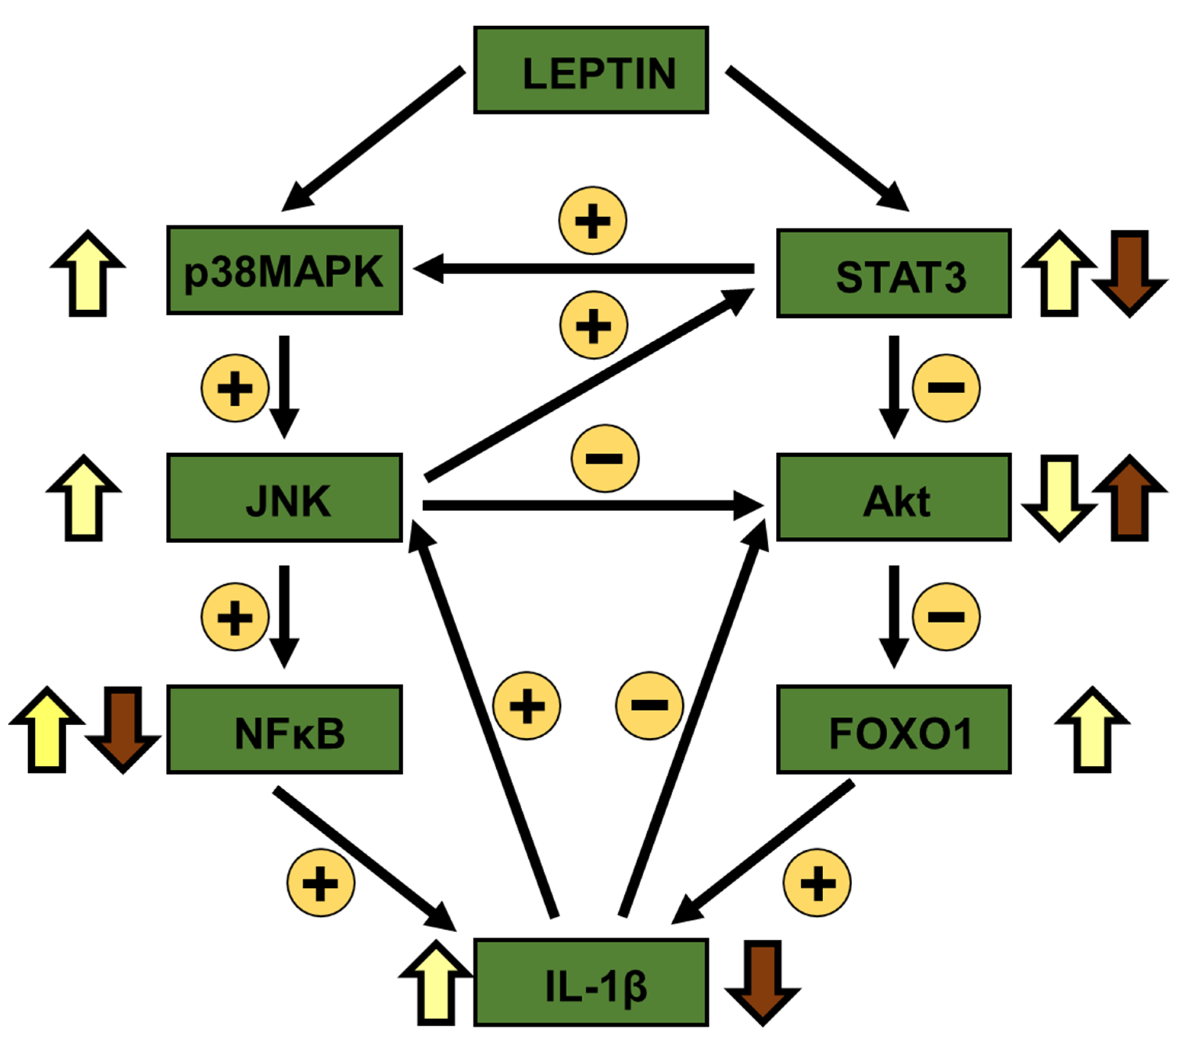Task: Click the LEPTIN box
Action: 590,70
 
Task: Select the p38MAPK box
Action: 284,270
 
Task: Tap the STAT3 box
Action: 893,273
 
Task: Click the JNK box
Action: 284,497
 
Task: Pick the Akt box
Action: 893,497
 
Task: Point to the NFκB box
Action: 284,730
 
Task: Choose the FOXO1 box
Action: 893,730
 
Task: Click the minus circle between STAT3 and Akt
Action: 946,388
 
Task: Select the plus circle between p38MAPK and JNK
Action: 235,388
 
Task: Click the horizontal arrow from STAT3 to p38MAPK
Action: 584,268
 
